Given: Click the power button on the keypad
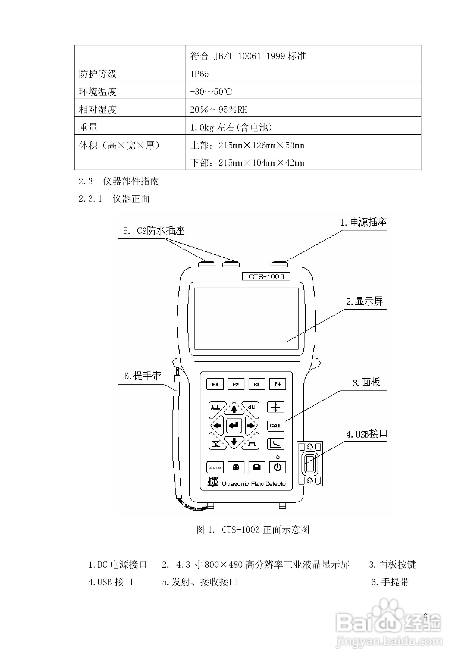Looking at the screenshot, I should (278, 467).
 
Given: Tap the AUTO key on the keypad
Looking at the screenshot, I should (215, 467).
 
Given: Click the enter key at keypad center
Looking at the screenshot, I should (234, 426).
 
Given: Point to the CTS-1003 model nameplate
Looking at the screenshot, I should (266, 276).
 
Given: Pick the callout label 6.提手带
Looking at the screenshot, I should (143, 376).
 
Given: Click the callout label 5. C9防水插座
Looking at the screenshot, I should (154, 231).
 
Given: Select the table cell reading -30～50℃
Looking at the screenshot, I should (211, 92).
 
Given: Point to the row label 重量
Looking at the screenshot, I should (88, 128).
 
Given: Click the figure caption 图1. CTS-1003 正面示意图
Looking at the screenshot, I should (252, 530).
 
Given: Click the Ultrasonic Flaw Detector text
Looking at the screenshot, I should (255, 484).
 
